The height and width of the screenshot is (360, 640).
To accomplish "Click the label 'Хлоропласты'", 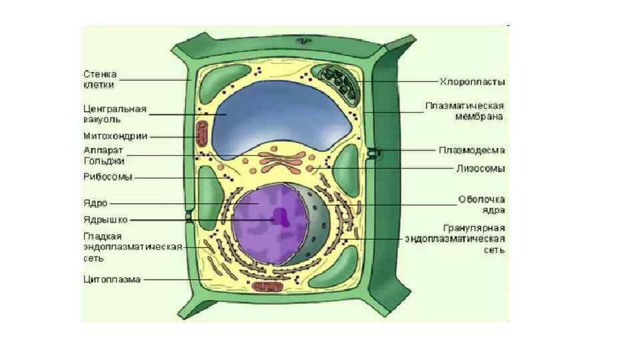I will (472, 82).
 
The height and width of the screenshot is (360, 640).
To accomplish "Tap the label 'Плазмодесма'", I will (471, 151).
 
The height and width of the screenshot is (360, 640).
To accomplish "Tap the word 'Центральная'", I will (115, 109).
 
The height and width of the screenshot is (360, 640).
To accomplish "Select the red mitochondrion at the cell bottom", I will (267, 286).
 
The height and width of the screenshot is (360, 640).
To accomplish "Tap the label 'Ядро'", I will (95, 203).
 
